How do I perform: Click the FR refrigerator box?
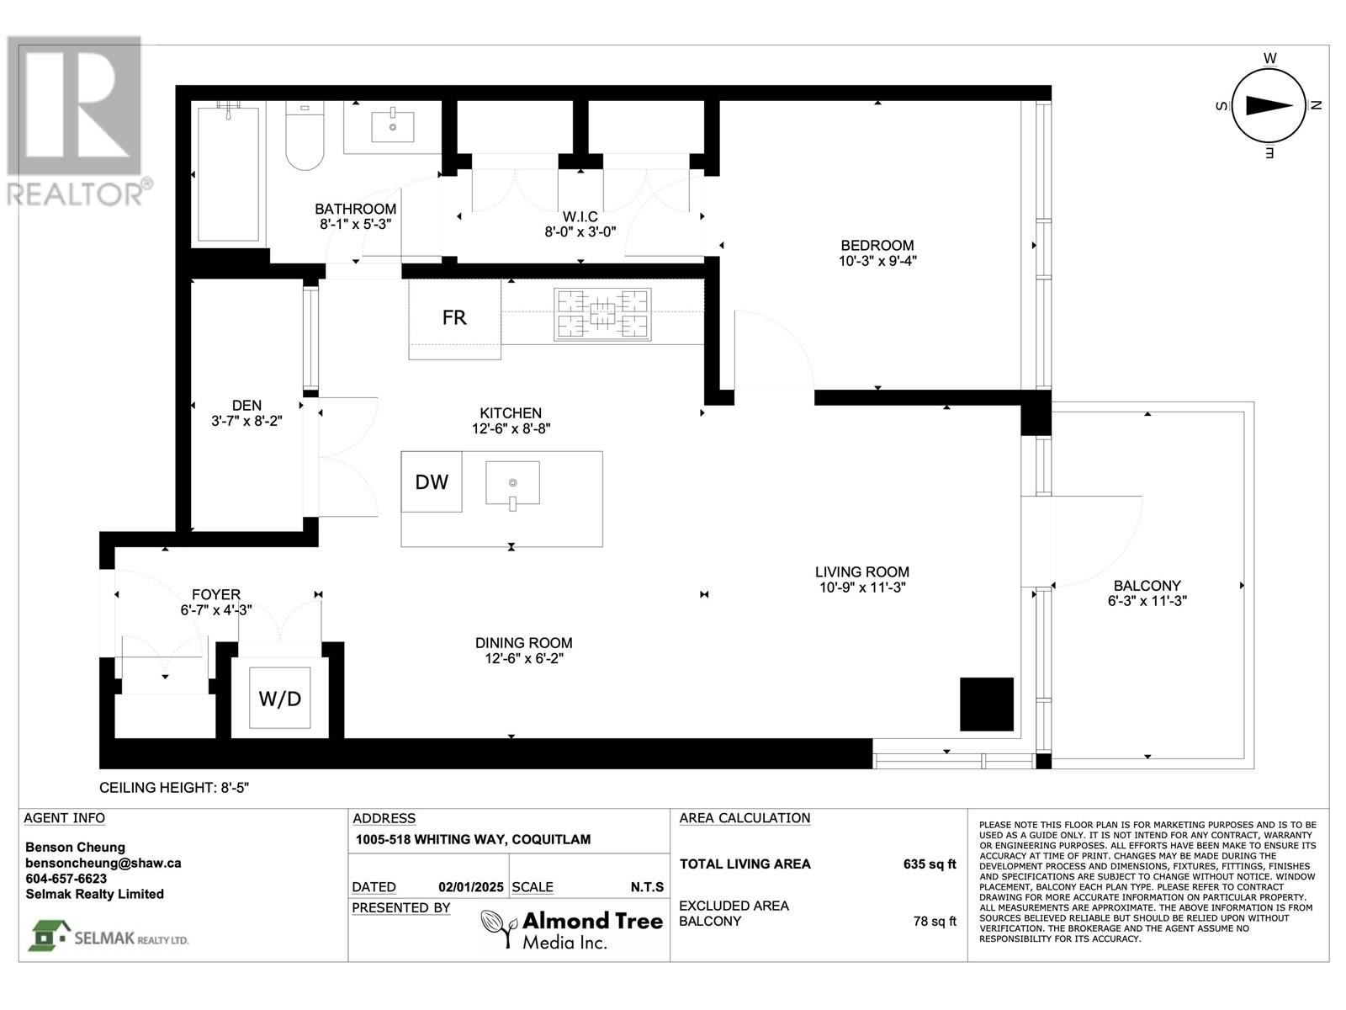(454, 319)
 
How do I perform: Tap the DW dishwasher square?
(431, 481)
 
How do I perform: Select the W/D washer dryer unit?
(279, 698)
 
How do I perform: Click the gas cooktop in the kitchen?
(602, 315)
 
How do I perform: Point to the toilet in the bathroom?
(305, 136)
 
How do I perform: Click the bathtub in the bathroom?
(228, 174)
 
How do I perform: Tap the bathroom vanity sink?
(393, 125)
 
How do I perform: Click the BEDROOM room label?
(877, 245)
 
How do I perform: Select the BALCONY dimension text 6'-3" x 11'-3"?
(1147, 601)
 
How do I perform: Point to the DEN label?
(246, 406)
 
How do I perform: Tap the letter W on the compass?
(1270, 58)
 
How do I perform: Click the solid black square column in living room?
(987, 704)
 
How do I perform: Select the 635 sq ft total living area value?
(930, 864)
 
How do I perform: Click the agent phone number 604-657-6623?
(66, 878)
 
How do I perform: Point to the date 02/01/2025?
(471, 887)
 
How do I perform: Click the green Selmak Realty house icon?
(50, 935)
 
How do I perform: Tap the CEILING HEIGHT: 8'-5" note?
(174, 788)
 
